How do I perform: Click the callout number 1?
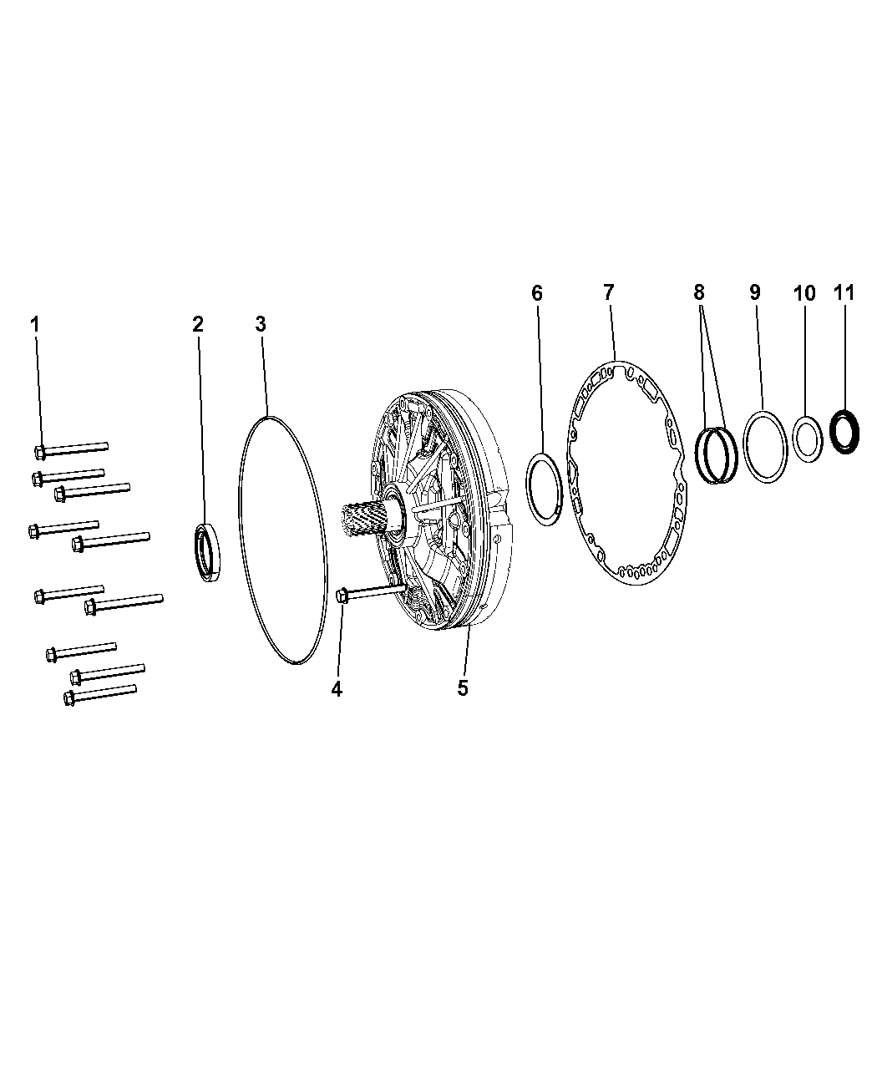tap(35, 324)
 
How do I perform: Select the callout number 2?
tap(198, 324)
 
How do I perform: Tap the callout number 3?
tap(261, 324)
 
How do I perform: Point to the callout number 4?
tap(337, 690)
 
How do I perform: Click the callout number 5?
tap(463, 688)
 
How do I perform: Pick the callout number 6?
tap(537, 293)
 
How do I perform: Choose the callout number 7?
tap(608, 293)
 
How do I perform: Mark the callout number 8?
tap(699, 292)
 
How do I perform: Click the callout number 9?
tap(755, 292)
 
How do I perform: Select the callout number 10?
tap(804, 293)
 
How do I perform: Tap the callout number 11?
tap(844, 293)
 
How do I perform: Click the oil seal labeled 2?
tap(207, 552)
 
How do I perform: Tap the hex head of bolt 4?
tap(342, 596)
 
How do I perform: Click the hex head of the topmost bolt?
tap(40, 452)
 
